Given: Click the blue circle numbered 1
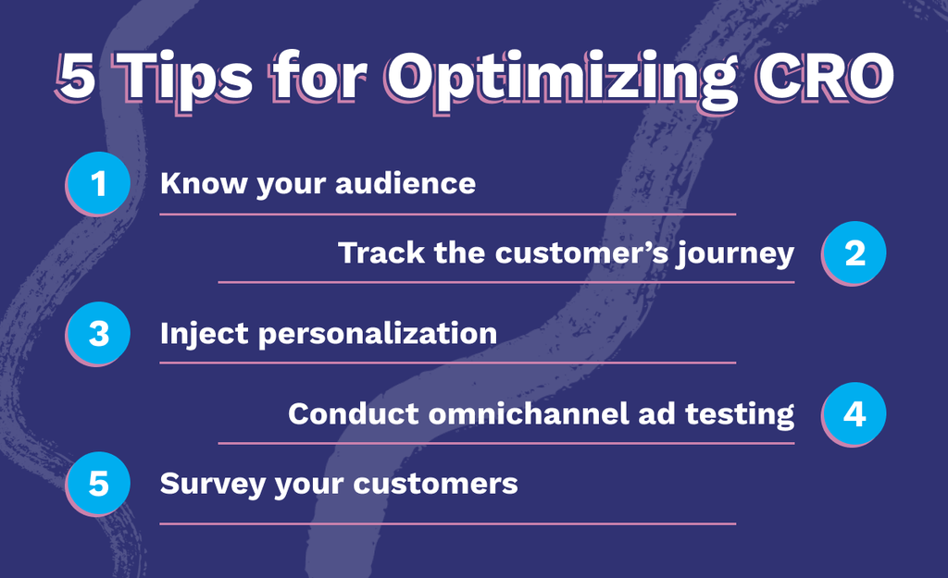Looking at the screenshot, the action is tap(98, 183).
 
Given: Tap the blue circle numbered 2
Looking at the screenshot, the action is tap(854, 252).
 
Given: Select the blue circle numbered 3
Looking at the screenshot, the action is tap(98, 334).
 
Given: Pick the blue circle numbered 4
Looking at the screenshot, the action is tap(854, 413).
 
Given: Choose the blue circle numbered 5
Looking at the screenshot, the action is tap(98, 483).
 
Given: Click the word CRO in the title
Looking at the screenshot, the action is tap(824, 76).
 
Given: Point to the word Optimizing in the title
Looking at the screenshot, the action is tap(562, 80).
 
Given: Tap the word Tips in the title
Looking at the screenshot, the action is tap(186, 80).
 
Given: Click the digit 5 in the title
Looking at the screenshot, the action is tap(76, 77).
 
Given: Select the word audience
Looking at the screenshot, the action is tap(405, 182).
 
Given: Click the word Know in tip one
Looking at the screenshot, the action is tap(203, 183).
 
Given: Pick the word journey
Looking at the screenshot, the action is tap(735, 253).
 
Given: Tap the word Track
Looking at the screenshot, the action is tap(381, 252).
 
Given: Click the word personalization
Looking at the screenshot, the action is tap(378, 334).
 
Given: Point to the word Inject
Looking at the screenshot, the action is tap(204, 335).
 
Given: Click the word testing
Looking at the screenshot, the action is tap(740, 415).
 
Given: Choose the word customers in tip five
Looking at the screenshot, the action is tap(435, 484).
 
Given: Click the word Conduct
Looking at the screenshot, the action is tap(354, 413).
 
